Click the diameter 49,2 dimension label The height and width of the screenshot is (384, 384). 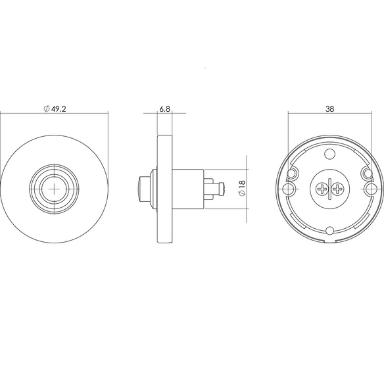tap(55, 108)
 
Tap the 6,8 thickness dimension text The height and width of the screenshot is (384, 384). tap(164, 108)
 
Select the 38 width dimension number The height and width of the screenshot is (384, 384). tap(329, 109)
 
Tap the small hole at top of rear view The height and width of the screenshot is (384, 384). tap(329, 154)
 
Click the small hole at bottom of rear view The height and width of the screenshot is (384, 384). tap(330, 230)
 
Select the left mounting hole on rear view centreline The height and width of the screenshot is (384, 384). tap(289, 189)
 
